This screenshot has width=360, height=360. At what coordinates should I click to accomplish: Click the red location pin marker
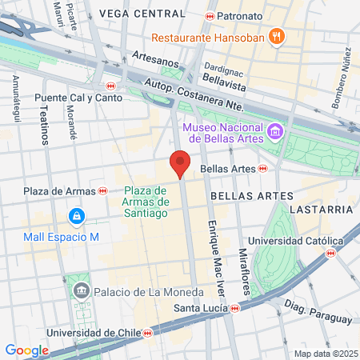point(180,163)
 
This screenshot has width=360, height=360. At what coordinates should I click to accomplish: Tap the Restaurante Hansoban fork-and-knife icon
point(277,35)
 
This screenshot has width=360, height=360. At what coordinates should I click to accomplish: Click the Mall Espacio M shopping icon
point(75,216)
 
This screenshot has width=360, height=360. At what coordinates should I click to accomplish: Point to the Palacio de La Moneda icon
point(80,289)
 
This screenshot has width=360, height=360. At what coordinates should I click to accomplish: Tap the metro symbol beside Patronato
point(210,16)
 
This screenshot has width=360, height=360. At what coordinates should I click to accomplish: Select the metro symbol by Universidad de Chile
point(147,333)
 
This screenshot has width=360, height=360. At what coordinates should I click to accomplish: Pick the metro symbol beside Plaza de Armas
point(102,190)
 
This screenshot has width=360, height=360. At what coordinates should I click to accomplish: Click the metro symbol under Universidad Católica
point(330,253)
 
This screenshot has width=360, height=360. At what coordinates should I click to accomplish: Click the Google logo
point(26,350)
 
